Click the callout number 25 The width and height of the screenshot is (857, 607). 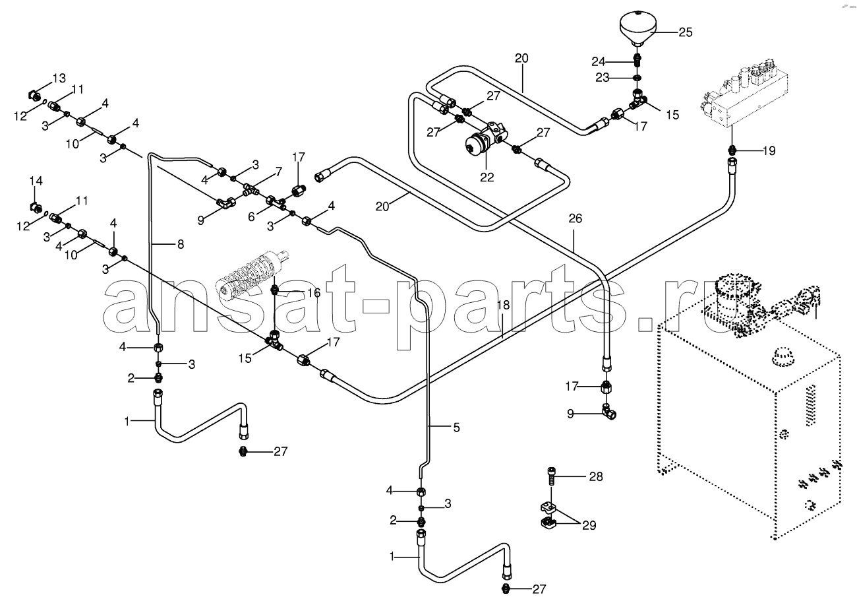(x=686, y=32)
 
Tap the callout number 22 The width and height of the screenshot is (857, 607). (x=487, y=177)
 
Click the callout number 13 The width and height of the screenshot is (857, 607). (x=59, y=78)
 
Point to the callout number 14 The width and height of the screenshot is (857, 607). (x=36, y=181)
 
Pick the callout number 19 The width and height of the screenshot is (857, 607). (x=769, y=151)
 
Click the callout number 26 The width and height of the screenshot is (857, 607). (x=576, y=218)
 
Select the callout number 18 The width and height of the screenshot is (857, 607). (x=504, y=305)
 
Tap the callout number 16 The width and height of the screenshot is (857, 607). (x=314, y=293)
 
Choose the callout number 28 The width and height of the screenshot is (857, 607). (x=596, y=476)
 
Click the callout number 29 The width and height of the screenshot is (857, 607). (x=589, y=525)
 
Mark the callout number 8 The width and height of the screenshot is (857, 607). (x=181, y=244)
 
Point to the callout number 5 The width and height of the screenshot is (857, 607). (x=456, y=428)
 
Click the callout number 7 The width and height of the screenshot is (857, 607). (x=279, y=172)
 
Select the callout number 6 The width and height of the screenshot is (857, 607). (x=251, y=217)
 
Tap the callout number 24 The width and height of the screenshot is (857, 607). (x=599, y=61)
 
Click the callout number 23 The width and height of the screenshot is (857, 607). (x=602, y=78)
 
